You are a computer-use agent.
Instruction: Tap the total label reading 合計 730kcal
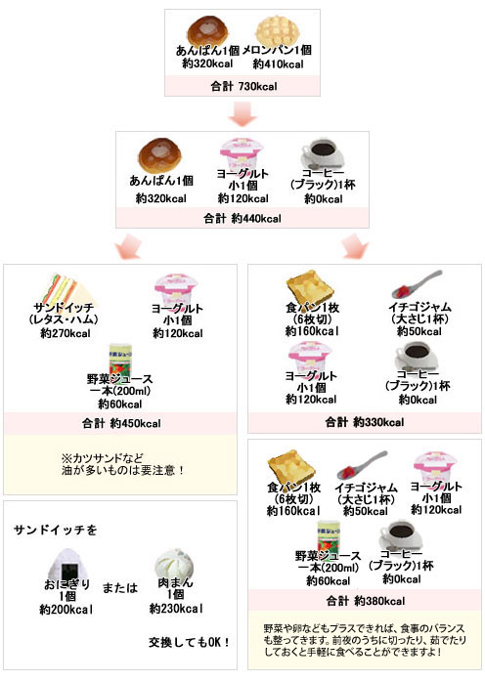click(243, 86)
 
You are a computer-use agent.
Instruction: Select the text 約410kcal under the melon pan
click(278, 64)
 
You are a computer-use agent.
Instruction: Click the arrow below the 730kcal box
click(242, 114)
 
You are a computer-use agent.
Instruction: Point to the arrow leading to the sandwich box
click(129, 246)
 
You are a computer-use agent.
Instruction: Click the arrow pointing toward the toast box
click(355, 246)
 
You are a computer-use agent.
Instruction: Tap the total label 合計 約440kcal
click(242, 218)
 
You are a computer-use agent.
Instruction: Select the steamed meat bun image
click(174, 564)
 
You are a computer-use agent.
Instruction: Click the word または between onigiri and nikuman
click(120, 588)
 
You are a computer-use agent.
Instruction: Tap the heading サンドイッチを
click(55, 530)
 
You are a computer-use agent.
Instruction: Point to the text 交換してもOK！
click(189, 642)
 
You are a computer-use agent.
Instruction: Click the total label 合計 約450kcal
click(121, 423)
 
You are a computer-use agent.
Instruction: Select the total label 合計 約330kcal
click(365, 422)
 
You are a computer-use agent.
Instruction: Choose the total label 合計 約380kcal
click(366, 601)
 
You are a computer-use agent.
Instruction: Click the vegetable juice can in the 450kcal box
click(120, 360)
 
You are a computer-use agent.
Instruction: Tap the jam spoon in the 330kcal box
click(417, 285)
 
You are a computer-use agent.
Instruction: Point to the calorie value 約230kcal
click(176, 609)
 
